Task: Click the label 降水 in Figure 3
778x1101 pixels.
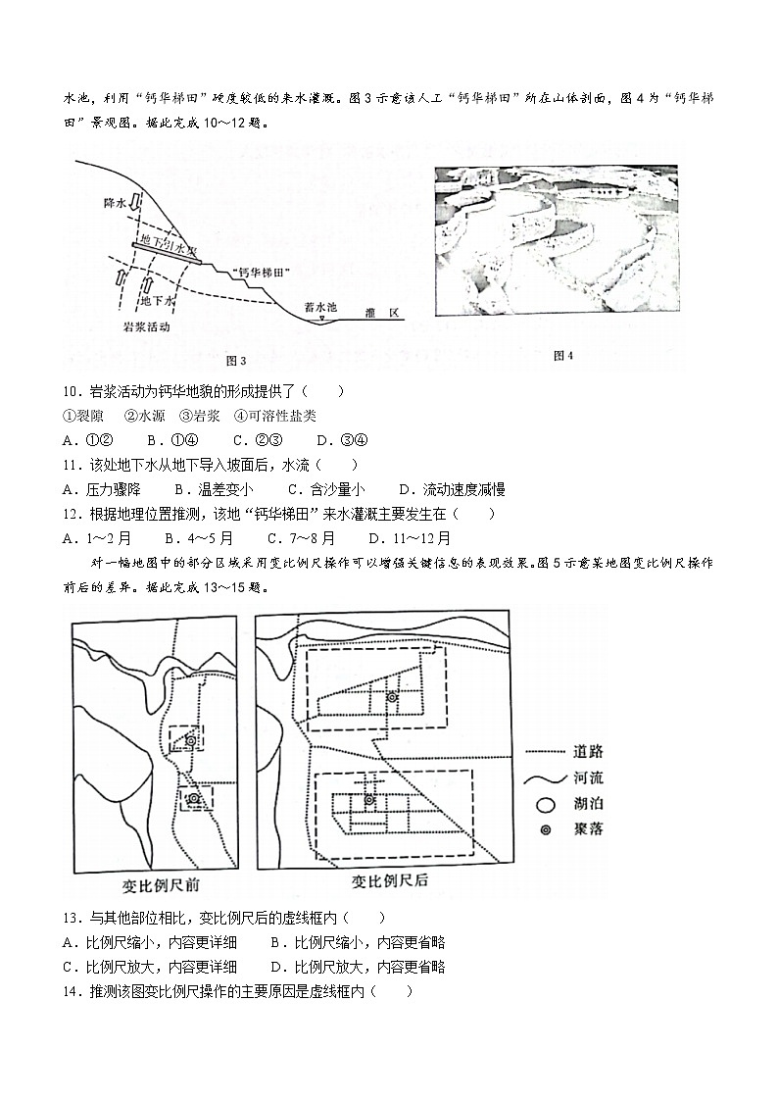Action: [115, 204]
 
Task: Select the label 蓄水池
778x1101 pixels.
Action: [320, 307]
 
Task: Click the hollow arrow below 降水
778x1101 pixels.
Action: [136, 218]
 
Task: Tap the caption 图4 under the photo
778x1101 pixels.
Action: [562, 356]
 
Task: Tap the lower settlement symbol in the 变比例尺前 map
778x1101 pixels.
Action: [194, 799]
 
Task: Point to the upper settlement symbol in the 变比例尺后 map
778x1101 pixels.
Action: [392, 697]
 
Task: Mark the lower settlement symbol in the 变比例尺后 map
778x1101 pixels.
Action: [369, 800]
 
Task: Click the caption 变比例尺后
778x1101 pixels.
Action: [390, 880]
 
